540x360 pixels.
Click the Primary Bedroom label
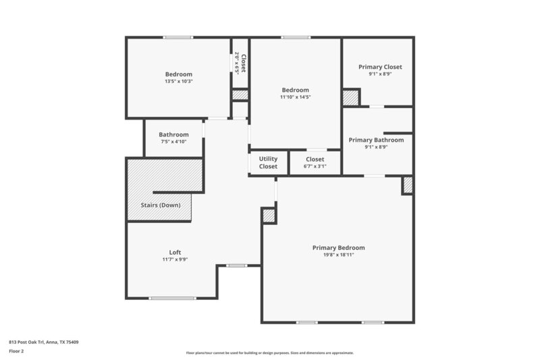click(338, 248)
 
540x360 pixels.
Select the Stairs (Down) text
click(161, 205)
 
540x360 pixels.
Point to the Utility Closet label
click(268, 163)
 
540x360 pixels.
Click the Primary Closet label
click(380, 67)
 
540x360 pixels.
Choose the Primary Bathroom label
click(376, 140)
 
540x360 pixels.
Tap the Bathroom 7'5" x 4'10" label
click(173, 134)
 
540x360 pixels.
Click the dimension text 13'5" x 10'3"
click(179, 81)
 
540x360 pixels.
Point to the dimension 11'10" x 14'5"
click(296, 97)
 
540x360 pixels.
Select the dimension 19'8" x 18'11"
click(338, 255)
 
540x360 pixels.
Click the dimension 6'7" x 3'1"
click(315, 166)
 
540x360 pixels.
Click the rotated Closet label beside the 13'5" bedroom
click(240, 63)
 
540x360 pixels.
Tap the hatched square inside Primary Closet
click(350, 97)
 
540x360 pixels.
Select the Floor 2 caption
click(16, 351)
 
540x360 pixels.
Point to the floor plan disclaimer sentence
click(269, 353)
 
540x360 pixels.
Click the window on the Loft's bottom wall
click(172, 298)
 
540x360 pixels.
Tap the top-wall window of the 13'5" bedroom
click(178, 37)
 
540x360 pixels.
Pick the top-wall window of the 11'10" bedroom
click(292, 37)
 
